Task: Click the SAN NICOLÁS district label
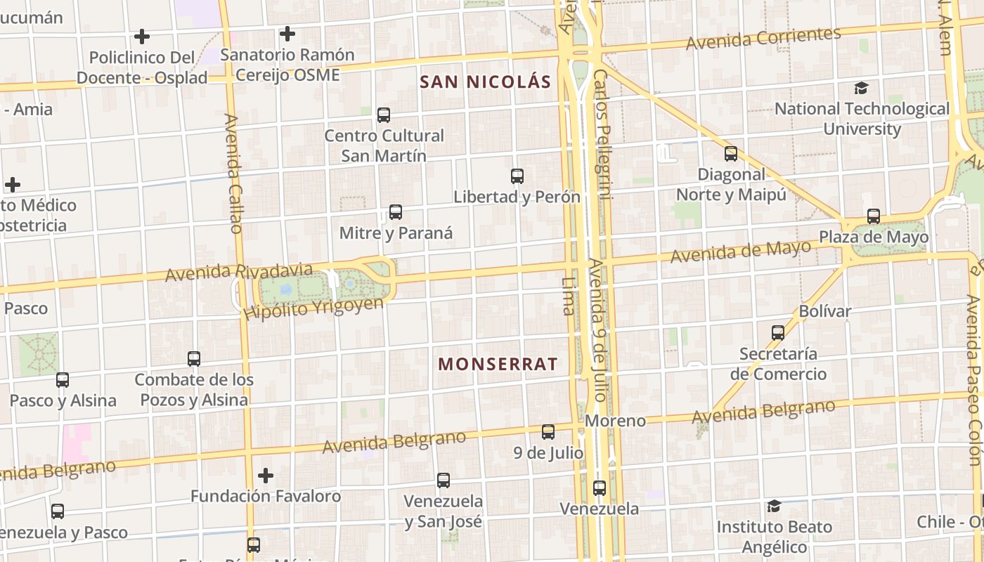pos(485,81)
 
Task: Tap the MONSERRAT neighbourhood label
pos(498,364)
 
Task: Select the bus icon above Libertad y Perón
pos(517,176)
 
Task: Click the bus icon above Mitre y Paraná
pos(396,212)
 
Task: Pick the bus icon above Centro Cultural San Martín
pos(384,115)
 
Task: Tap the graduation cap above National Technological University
pos(861,89)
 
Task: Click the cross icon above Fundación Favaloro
pos(266,476)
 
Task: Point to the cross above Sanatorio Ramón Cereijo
pos(287,34)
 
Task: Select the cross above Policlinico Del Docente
pos(142,37)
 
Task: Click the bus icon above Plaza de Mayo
pos(874,216)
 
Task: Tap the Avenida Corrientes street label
pos(763,38)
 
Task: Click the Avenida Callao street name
pos(233,173)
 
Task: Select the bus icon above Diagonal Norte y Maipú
pos(731,154)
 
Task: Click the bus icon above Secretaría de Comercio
pos(778,333)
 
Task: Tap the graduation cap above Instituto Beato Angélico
pos(774,506)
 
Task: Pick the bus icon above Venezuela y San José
pos(444,481)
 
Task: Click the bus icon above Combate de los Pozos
pos(194,359)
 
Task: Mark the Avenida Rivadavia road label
pos(239,272)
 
